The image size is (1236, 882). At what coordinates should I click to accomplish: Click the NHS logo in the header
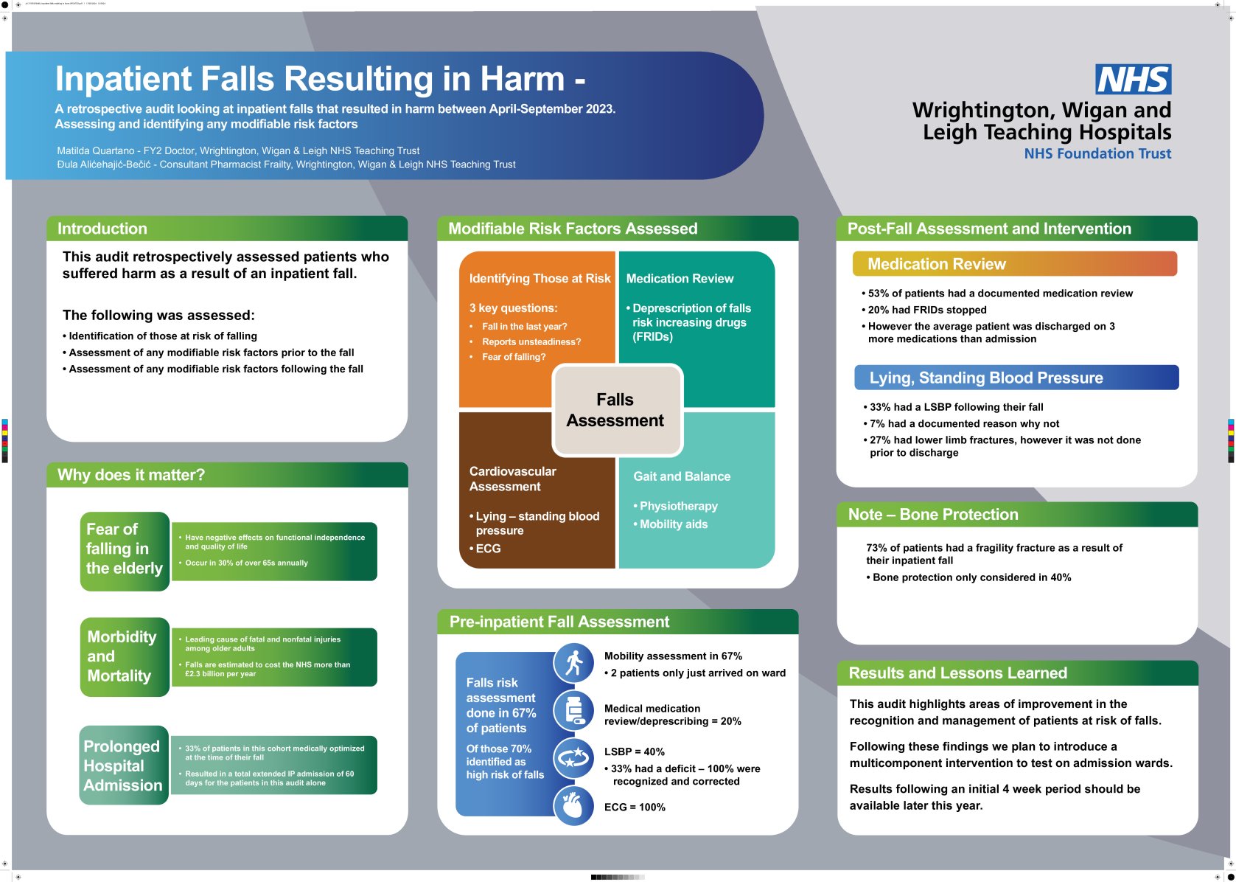(1133, 79)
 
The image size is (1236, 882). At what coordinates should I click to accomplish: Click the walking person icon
(573, 663)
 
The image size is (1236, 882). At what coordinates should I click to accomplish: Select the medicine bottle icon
(573, 711)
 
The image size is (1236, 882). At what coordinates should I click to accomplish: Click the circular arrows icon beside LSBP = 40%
(573, 758)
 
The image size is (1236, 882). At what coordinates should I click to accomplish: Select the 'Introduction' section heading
(102, 229)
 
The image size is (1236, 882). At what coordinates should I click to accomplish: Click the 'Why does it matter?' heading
(131, 475)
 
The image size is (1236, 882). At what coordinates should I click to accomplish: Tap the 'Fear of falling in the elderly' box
(125, 549)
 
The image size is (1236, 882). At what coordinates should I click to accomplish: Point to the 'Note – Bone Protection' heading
(933, 515)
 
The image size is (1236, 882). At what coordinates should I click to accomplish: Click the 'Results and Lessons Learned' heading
(957, 673)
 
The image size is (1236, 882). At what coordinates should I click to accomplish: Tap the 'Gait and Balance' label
(682, 476)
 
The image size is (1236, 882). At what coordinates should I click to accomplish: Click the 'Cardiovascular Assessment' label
(512, 479)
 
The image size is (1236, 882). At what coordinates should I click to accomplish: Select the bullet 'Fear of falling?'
(514, 357)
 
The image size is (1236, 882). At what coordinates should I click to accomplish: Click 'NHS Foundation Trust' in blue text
(1097, 153)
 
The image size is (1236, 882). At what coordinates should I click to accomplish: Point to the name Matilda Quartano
(96, 150)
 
